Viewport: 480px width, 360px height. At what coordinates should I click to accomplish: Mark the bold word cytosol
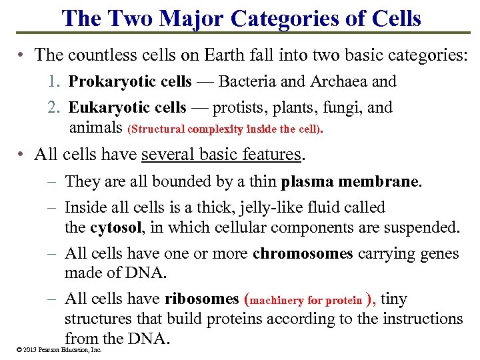115,227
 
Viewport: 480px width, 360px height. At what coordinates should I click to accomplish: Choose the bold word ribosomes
201,299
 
